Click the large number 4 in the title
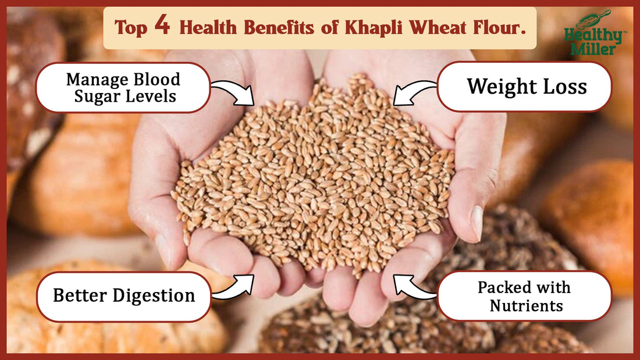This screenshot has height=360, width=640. click(162, 26)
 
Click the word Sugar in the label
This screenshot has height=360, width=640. click(97, 97)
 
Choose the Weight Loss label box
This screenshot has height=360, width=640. click(524, 87)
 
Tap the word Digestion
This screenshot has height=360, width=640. click(154, 295)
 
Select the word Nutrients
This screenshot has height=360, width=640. click(526, 306)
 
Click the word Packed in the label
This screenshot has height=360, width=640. click(504, 287)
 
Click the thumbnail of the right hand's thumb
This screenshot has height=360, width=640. click(477, 222)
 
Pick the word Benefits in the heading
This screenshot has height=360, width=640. click(279, 28)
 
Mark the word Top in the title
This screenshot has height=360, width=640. click(130, 28)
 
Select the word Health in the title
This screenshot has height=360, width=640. click(208, 28)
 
